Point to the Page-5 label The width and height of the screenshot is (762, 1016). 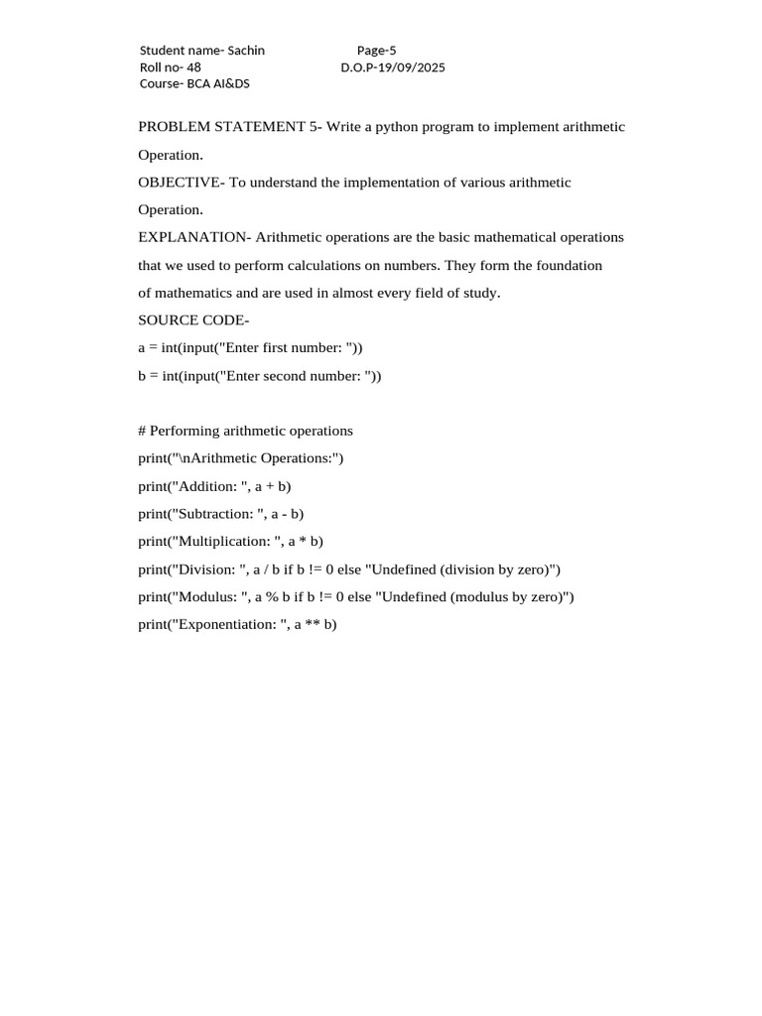coord(377,51)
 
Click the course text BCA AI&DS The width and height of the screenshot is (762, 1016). coord(218,84)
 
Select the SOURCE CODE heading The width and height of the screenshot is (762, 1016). coord(193,320)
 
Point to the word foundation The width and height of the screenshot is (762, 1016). coord(568,266)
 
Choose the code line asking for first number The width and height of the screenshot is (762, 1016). coord(250,348)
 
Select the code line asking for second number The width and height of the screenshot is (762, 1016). coord(259,376)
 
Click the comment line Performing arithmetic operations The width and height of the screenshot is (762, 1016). coord(245,432)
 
